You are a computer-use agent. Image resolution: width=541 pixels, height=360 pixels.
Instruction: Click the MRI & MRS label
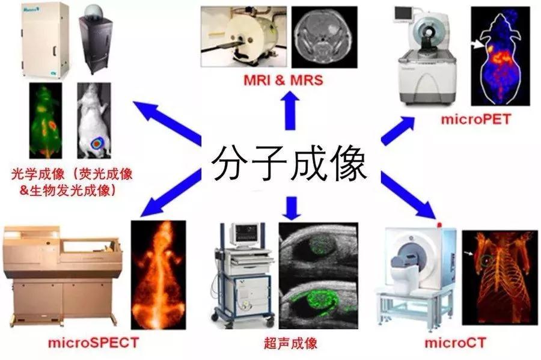coord(283,80)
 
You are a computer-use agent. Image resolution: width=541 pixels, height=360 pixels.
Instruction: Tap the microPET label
coord(475,120)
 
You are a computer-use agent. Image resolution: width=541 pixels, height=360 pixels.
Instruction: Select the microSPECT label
coord(94,343)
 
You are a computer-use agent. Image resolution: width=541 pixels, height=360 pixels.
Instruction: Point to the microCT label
coord(455,343)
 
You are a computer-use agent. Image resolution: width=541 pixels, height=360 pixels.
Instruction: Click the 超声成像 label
coord(290,343)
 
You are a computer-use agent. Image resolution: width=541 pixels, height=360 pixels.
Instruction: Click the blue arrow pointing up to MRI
coord(290,111)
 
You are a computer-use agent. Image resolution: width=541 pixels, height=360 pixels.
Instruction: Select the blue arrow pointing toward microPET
coord(397,130)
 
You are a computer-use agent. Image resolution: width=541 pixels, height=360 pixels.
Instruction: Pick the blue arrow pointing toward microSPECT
coord(171,193)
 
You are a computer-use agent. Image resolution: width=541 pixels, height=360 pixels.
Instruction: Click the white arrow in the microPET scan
coord(479,44)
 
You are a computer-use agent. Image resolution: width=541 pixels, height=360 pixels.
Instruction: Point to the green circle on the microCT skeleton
coord(487,261)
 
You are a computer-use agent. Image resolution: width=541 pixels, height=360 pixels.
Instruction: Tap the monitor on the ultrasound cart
coord(246,236)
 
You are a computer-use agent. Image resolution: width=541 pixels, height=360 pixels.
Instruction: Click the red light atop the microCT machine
coord(439,225)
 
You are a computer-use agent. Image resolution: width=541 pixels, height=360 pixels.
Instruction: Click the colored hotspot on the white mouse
coord(97,142)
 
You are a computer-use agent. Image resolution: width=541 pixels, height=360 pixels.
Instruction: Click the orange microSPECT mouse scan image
coord(158,275)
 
